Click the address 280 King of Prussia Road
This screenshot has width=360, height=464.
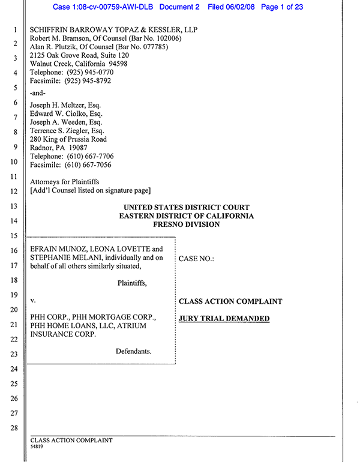[x=68, y=139]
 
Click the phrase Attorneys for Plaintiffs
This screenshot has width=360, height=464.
[x=65, y=181]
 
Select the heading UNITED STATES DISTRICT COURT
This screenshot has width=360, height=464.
[x=186, y=208]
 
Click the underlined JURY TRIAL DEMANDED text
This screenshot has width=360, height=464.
[x=224, y=319]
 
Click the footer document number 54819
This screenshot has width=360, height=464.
[x=37, y=447]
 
